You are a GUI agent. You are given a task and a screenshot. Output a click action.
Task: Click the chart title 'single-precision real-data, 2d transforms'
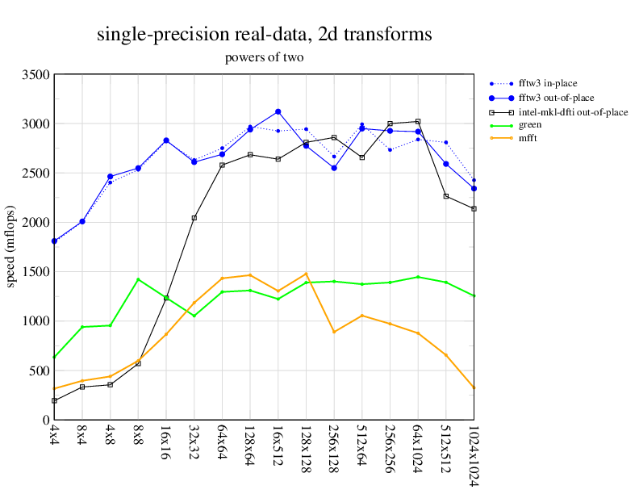tap(264, 35)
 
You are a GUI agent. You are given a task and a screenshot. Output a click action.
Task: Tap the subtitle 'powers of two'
tap(264, 58)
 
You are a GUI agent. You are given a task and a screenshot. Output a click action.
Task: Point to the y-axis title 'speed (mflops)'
tap(11, 247)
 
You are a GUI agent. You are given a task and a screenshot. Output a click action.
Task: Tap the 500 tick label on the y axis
tap(38, 370)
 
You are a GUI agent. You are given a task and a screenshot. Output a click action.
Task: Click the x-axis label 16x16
tap(165, 442)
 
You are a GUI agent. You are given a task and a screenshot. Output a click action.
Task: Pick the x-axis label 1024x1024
tap(474, 455)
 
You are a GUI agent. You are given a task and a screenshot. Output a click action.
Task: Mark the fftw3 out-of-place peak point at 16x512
tap(278, 111)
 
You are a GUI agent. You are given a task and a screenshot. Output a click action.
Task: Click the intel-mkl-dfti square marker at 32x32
tap(194, 218)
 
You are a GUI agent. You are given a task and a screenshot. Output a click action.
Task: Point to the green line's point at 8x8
tap(139, 279)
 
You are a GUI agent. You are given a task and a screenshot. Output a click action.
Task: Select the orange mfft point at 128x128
tap(306, 274)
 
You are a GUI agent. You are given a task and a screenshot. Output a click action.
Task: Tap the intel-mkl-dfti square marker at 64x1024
tap(417, 121)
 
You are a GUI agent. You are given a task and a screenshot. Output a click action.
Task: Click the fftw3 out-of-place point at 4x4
tap(54, 241)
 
